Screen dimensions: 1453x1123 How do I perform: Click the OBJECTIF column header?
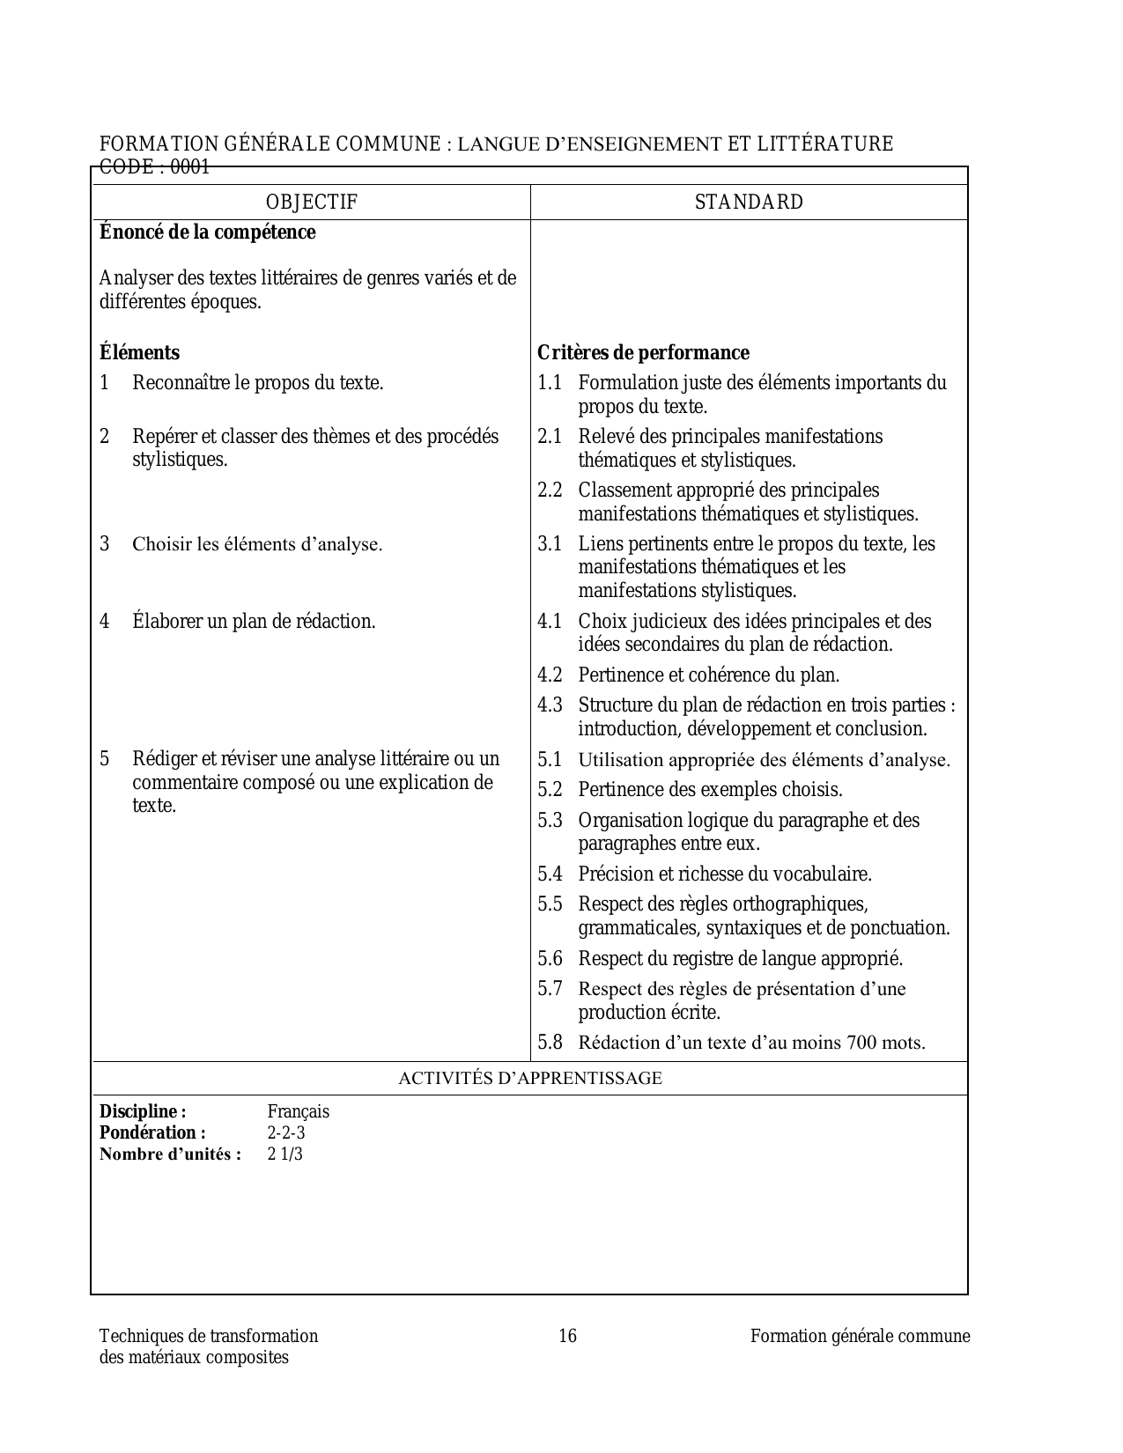[x=312, y=203]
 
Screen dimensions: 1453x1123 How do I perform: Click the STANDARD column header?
[x=749, y=203]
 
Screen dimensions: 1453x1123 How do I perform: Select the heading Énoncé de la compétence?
[x=207, y=232]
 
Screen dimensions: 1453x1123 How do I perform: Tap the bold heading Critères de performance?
[x=643, y=353]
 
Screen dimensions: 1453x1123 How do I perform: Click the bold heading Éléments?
[x=139, y=353]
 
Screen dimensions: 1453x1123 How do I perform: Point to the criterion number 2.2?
[x=550, y=490]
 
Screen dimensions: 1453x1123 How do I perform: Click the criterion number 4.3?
[x=550, y=705]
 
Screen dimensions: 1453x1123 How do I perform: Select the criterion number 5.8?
[x=550, y=1043]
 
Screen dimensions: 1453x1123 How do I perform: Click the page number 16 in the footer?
[x=568, y=1336]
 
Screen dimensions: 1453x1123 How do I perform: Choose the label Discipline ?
[x=143, y=1112]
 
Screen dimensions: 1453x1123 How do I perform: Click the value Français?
[x=299, y=1112]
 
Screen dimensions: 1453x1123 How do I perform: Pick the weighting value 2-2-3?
[x=286, y=1133]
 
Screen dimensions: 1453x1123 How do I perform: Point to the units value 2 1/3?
[x=284, y=1154]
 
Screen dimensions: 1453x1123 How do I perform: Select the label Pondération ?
[x=152, y=1133]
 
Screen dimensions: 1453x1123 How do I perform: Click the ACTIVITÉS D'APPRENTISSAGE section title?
[x=529, y=1078]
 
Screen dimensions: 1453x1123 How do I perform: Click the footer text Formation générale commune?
[x=860, y=1336]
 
